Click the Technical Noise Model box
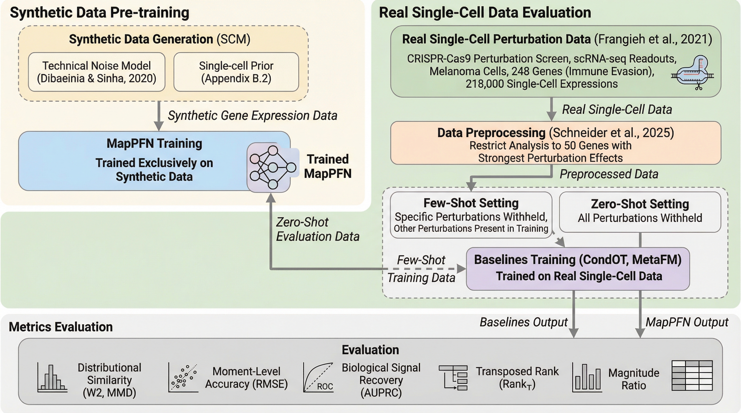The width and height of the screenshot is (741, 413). pos(96,72)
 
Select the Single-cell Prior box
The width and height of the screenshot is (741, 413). pos(236,72)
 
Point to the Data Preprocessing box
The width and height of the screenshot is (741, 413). pos(555,143)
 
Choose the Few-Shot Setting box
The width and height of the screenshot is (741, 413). pos(471,215)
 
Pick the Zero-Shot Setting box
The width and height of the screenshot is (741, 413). pos(640,212)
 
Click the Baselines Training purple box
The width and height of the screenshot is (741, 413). pos(578,268)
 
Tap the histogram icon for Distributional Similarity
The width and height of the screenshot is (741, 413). pos(52,378)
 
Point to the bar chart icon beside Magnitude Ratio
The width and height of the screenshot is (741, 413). pos(587,378)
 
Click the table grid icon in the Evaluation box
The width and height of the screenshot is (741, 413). pos(692,376)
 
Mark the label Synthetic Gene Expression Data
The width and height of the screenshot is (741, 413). pos(252,115)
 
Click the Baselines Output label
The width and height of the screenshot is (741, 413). pos(523,322)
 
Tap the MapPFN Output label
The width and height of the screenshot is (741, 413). pos(687,322)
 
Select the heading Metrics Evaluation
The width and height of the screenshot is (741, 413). pos(61,327)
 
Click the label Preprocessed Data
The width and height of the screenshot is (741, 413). pos(609,174)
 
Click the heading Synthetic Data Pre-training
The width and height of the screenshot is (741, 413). pos(100,13)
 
